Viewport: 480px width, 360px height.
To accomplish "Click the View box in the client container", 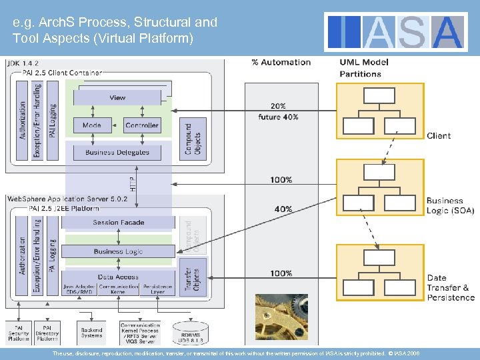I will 117,98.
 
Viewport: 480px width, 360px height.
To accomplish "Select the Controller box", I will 142,125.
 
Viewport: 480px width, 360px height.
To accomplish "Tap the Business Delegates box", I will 117,153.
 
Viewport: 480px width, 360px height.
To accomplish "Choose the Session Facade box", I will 118,223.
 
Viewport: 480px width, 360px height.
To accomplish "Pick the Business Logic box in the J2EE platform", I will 118,251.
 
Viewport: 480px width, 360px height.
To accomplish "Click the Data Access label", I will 118,277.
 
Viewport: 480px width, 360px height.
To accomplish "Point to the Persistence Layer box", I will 158,289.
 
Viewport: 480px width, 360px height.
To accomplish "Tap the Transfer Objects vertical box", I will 193,276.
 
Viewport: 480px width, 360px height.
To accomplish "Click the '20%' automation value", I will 279,105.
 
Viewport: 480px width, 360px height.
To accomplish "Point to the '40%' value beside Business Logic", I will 283,209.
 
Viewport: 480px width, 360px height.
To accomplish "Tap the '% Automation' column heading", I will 281,62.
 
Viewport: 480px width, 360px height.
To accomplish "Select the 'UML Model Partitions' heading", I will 364,67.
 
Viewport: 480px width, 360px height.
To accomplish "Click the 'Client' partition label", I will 439,136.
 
